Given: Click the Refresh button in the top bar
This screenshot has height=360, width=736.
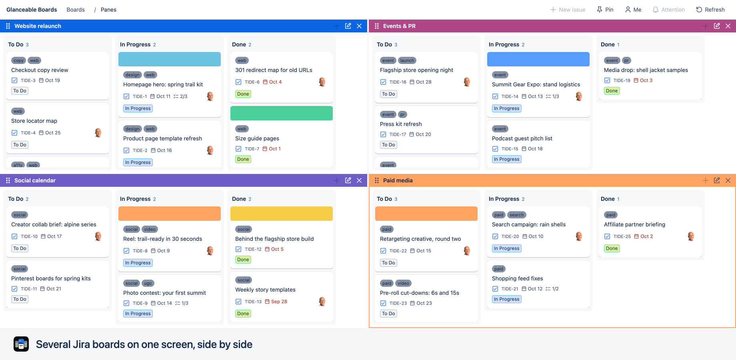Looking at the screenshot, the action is [x=710, y=10].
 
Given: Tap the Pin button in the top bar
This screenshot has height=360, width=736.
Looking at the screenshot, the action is [x=605, y=10].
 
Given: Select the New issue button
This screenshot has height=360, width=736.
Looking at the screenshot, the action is [x=568, y=10].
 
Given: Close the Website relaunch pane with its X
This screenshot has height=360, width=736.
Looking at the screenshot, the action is [x=359, y=26].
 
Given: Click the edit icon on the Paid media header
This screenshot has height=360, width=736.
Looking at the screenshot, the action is [x=717, y=180].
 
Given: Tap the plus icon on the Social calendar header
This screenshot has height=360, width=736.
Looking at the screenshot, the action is [x=337, y=180].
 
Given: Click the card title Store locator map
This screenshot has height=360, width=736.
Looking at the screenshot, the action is [x=34, y=121].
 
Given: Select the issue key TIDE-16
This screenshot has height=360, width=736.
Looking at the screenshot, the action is [x=398, y=82].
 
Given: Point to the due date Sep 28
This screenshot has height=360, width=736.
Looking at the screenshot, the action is [x=279, y=302].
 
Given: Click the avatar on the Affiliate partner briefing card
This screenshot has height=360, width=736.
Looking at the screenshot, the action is [x=691, y=236].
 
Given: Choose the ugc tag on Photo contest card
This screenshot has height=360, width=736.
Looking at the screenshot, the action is [x=148, y=283].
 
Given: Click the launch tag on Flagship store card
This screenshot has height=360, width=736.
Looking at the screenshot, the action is [x=407, y=60].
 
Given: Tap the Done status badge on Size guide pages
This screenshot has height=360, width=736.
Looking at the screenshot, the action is [x=243, y=159].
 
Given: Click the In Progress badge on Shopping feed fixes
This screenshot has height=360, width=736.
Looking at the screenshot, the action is [x=507, y=299].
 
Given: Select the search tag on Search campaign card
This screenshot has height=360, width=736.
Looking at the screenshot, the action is [x=517, y=215].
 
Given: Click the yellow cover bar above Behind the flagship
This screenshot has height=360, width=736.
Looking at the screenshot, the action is [x=282, y=214].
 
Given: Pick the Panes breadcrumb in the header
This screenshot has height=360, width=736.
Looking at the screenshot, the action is [x=108, y=10].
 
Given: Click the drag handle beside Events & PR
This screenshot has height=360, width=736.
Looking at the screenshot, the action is [x=377, y=26].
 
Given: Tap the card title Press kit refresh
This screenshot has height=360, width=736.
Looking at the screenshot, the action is [x=401, y=124].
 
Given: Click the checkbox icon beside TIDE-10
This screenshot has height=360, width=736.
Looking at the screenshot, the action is [x=14, y=236].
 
